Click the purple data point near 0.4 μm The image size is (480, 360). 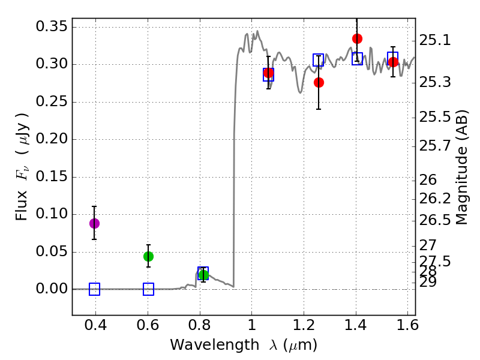94,223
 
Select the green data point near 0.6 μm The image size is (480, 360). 148,256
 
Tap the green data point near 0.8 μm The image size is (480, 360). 203,275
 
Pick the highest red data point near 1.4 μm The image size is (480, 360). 357,38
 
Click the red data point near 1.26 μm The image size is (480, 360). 319,82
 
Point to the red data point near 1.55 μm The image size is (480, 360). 393,62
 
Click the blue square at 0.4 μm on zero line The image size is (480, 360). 94,289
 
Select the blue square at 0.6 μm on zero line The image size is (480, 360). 148,289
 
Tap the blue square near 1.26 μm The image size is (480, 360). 319,60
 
